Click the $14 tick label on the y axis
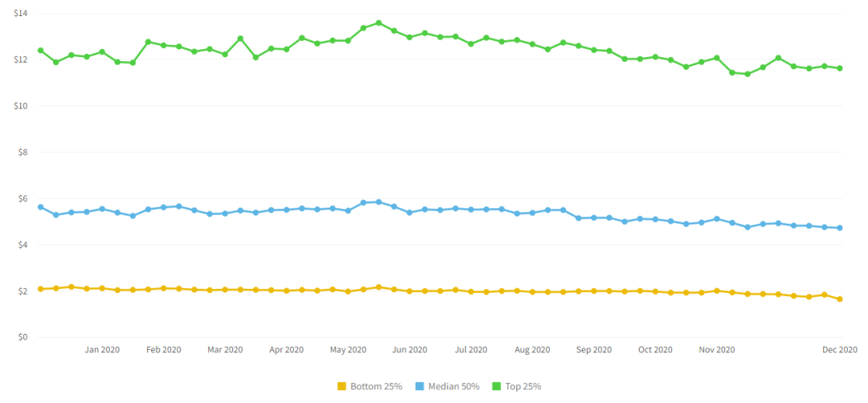point(21,14)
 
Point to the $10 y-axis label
point(21,106)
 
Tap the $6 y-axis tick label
point(23,199)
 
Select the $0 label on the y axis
point(23,337)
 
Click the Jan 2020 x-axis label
point(102,350)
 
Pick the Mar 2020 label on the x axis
point(225,350)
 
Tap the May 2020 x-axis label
point(348,350)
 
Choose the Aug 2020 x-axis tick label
point(532,350)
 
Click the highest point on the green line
point(379,23)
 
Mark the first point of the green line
point(40,51)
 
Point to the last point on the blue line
point(840,228)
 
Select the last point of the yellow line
point(840,299)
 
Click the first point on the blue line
point(40,207)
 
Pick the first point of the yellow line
point(40,289)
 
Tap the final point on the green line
point(840,68)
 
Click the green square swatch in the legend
point(497,386)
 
